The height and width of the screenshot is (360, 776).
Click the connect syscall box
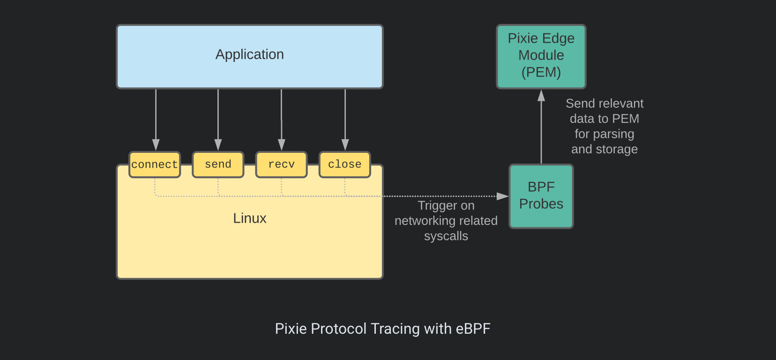pyautogui.click(x=155, y=165)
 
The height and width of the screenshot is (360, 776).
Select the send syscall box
pyautogui.click(x=218, y=165)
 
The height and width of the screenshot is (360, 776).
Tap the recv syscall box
pyautogui.click(x=281, y=165)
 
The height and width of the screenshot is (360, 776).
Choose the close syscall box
pyautogui.click(x=345, y=165)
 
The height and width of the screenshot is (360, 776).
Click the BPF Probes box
pyautogui.click(x=541, y=196)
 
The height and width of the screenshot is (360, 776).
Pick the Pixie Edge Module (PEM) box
pyautogui.click(x=541, y=56)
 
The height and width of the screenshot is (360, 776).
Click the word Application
pyautogui.click(x=249, y=54)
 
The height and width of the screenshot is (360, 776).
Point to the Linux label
pyautogui.click(x=249, y=218)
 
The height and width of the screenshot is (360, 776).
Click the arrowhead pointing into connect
pyautogui.click(x=156, y=145)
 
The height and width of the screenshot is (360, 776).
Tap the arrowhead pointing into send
pyautogui.click(x=218, y=145)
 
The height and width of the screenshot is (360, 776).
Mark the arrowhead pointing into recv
pyautogui.click(x=282, y=145)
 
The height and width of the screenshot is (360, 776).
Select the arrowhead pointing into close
pyautogui.click(x=345, y=145)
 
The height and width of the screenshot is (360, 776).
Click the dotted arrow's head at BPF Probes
pyautogui.click(x=503, y=196)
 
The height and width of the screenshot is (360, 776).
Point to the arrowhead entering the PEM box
pyautogui.click(x=541, y=95)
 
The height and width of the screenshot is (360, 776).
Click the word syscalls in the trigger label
pyautogui.click(x=446, y=236)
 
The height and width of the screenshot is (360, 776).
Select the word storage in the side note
pyautogui.click(x=617, y=150)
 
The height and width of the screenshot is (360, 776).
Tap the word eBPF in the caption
pyautogui.click(x=473, y=329)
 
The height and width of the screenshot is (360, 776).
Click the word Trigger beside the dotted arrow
pyautogui.click(x=436, y=206)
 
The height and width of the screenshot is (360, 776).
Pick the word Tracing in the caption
pyautogui.click(x=395, y=329)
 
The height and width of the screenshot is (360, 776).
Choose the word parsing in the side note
pyautogui.click(x=614, y=134)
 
